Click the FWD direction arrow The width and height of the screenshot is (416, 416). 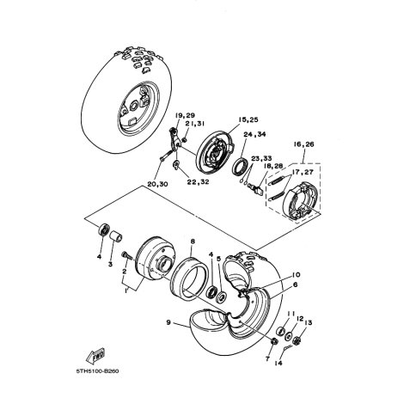click(95, 356)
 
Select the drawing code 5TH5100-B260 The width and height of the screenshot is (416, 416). click(97, 371)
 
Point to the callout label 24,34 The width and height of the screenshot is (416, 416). click(254, 134)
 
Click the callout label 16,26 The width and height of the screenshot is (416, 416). click(303, 144)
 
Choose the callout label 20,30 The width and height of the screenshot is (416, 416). click(157, 184)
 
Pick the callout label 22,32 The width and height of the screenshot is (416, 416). click(198, 181)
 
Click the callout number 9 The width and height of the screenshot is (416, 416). click(168, 322)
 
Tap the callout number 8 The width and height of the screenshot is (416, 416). click(193, 242)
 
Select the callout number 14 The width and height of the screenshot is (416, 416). click(278, 363)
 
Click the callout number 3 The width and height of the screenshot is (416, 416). click(110, 264)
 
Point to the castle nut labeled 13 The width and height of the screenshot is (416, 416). click(297, 340)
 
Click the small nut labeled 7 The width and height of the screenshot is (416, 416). click(274, 341)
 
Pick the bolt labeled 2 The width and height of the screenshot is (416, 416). click(125, 255)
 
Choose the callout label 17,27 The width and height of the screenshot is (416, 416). click(303, 173)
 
